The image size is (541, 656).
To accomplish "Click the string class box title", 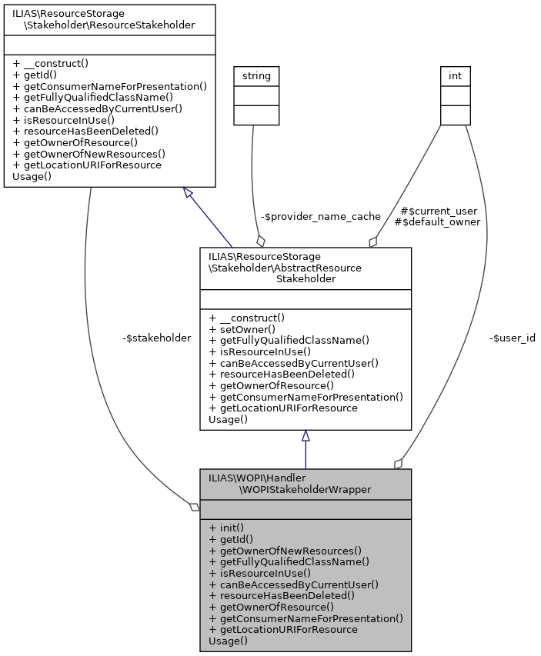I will pyautogui.click(x=256, y=75).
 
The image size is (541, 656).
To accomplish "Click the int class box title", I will pyautogui.click(x=455, y=75).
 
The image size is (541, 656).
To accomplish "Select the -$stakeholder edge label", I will pyautogui.click(x=156, y=338).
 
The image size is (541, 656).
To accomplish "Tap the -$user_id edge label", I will pyautogui.click(x=512, y=338).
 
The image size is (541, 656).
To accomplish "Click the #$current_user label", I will pyautogui.click(x=439, y=210).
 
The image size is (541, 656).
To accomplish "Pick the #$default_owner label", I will pyautogui.click(x=436, y=221).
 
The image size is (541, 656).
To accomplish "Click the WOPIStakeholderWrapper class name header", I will pyautogui.click(x=306, y=483).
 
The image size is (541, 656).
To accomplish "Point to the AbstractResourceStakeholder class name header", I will pyautogui.click(x=306, y=267).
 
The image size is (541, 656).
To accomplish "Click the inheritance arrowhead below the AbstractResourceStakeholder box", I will pyautogui.click(x=306, y=436).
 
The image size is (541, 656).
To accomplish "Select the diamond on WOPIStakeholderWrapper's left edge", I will pyautogui.click(x=195, y=507).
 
